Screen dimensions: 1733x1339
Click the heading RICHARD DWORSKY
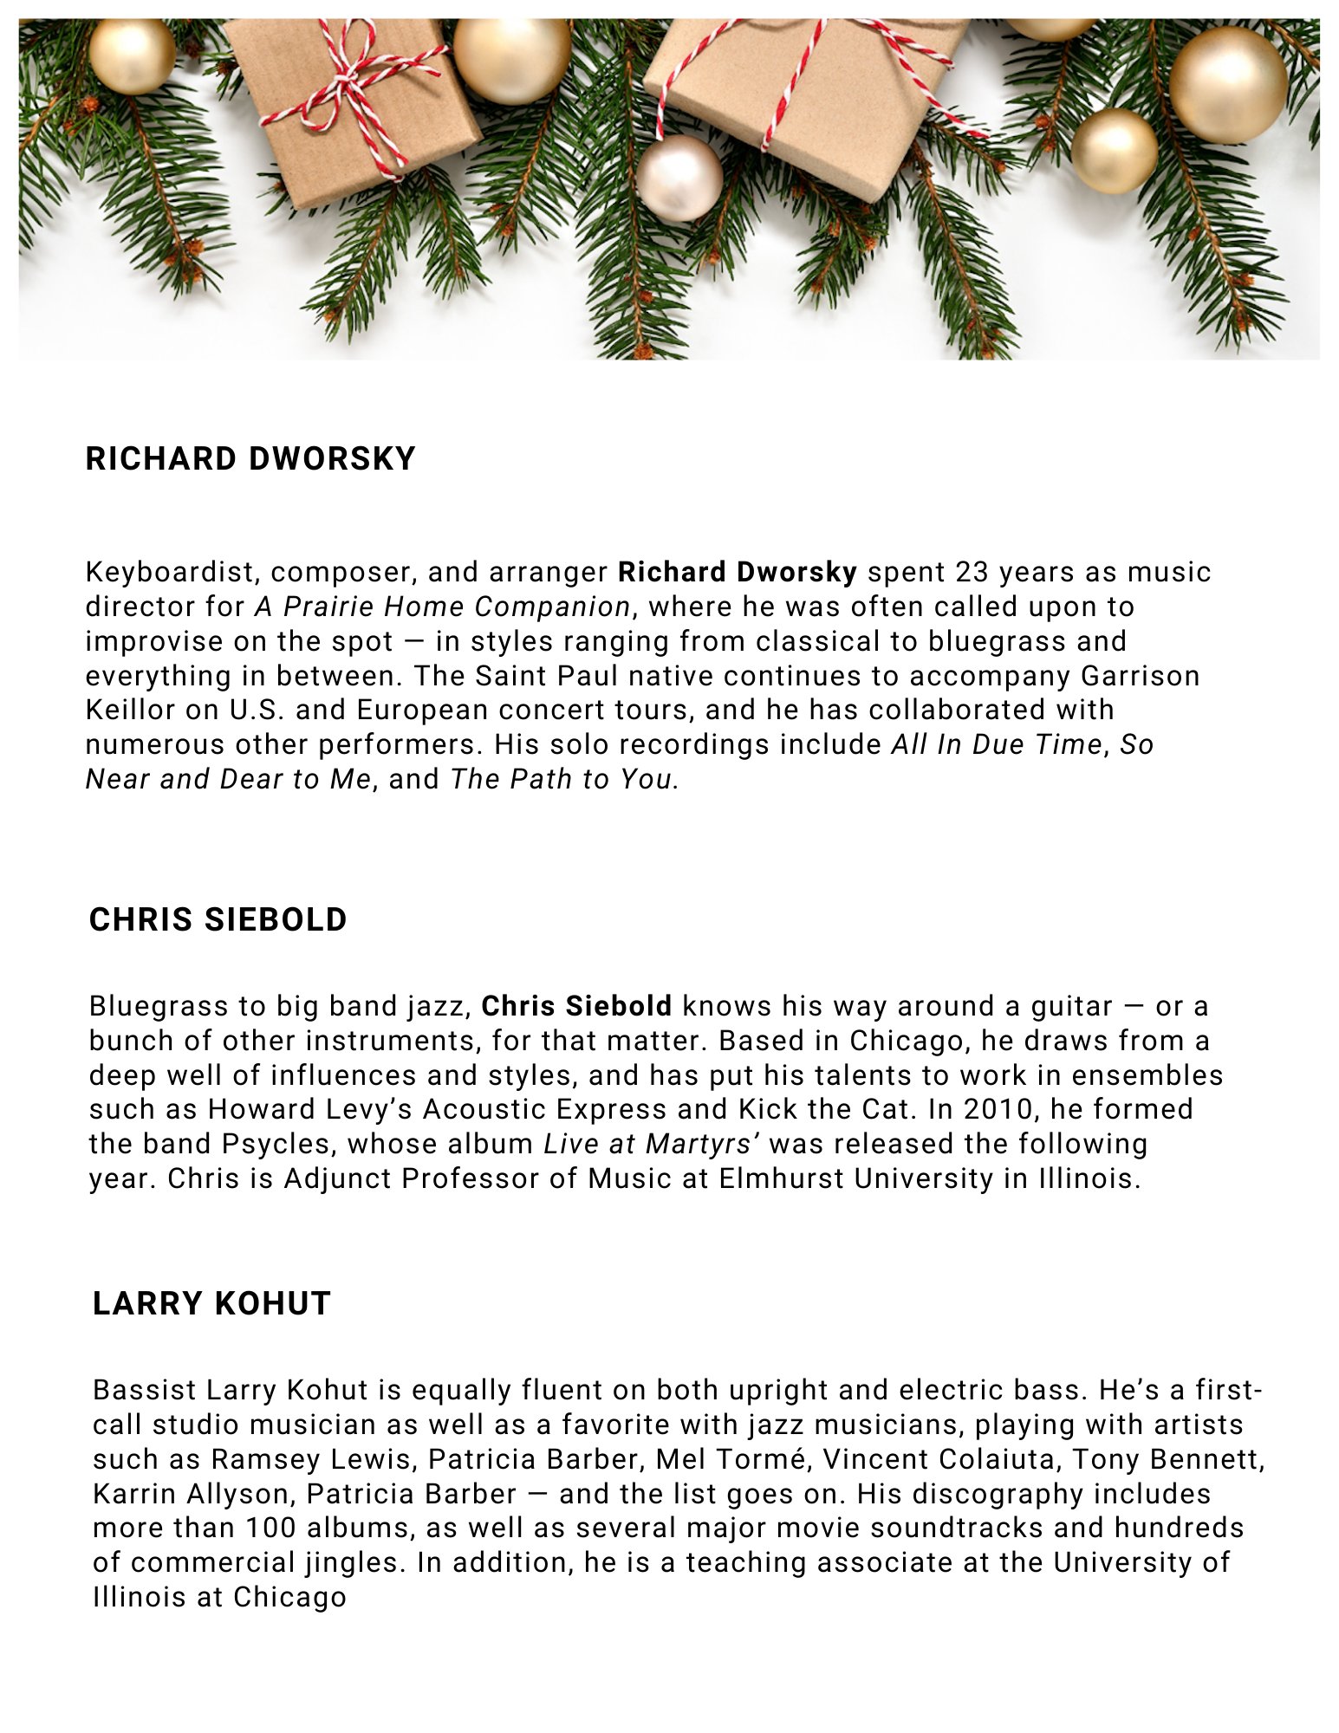pos(250,459)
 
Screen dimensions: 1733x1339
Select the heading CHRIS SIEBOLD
pos(218,919)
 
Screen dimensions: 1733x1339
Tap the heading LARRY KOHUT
pos(211,1303)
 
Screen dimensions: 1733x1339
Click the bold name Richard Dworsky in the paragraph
pos(737,572)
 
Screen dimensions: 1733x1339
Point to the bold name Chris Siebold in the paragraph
pos(576,1006)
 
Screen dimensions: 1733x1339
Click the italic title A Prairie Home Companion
pos(442,607)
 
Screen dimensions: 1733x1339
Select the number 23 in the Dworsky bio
pos(972,572)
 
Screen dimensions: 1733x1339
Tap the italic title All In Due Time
pos(996,744)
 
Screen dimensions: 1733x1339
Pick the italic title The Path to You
pos(562,779)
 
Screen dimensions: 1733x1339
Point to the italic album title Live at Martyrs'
pos(652,1144)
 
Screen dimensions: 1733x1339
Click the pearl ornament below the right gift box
pos(679,178)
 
